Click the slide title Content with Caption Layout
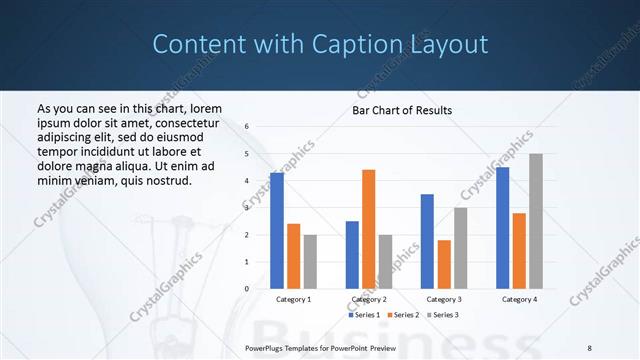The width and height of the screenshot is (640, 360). coord(320,44)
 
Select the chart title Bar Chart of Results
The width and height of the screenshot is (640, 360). coord(401,110)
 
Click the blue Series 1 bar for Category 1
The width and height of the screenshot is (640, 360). coord(277,230)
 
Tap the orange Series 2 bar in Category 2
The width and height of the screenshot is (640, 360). coord(368,229)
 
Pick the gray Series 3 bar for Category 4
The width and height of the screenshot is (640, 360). coord(536,221)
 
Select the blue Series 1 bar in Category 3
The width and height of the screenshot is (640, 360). coord(427,241)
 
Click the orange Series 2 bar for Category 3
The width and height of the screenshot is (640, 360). coord(444,264)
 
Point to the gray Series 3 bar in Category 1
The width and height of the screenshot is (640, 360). coord(311,261)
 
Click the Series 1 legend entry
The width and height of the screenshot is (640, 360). coord(364,315)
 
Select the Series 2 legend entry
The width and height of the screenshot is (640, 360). coord(402,315)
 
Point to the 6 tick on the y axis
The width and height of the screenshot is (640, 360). coord(246,127)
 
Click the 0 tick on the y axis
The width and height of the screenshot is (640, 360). coord(246,289)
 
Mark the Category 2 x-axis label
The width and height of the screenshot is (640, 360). coord(368,299)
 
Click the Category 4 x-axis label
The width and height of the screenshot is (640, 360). coord(519,299)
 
